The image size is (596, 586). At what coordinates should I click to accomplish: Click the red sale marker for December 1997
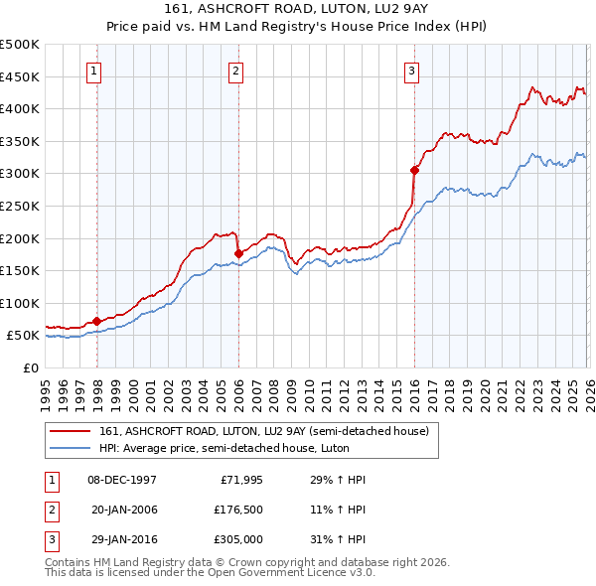click(96, 321)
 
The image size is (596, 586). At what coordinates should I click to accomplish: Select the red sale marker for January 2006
click(238, 253)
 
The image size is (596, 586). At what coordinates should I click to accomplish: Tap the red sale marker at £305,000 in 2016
click(414, 170)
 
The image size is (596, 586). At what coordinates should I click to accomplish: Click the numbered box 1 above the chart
click(93, 71)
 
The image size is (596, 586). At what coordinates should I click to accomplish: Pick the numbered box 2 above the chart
click(235, 71)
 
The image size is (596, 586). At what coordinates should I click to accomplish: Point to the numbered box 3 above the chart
click(411, 71)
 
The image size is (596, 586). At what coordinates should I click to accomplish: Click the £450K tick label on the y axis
click(20, 76)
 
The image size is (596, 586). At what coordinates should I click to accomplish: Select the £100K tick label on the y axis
click(20, 303)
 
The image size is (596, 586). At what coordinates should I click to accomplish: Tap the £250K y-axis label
click(20, 206)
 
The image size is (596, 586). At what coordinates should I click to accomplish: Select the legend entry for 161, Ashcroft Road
click(263, 431)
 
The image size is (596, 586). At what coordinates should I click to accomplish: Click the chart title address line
click(298, 9)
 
